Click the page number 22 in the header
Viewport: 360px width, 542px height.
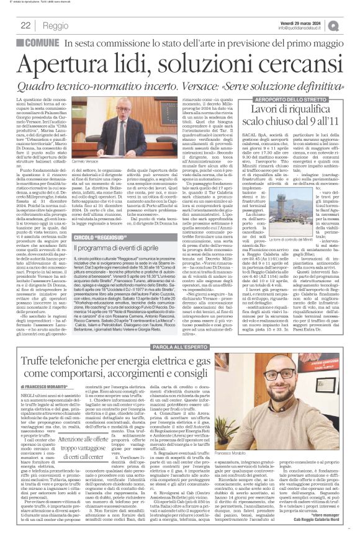click(x=25, y=25)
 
